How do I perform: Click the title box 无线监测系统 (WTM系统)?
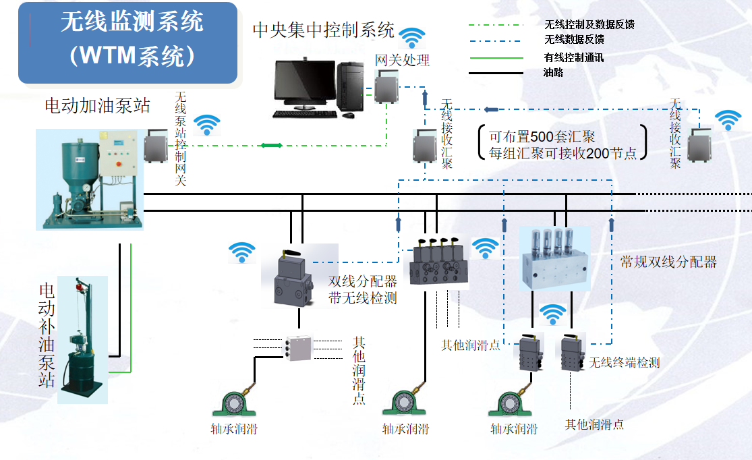click(128, 42)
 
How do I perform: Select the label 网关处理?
click(402, 60)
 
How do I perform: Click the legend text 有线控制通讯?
click(573, 57)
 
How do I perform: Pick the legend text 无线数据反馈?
click(573, 40)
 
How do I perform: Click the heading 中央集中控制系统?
click(323, 30)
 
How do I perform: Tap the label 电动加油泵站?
click(97, 105)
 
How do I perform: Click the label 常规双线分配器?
click(668, 262)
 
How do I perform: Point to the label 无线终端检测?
click(624, 363)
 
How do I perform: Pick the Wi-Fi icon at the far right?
click(728, 120)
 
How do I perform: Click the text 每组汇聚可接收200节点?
click(562, 153)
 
